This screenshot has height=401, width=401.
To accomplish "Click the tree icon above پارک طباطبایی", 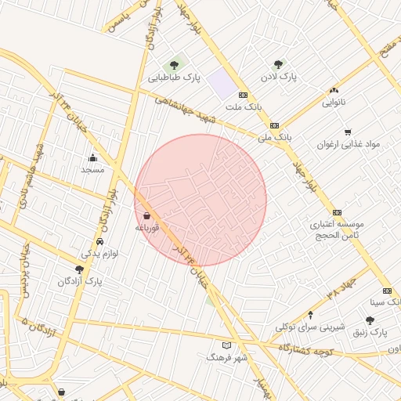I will click(x=174, y=64).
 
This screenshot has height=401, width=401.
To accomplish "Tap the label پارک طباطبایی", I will click(x=175, y=78).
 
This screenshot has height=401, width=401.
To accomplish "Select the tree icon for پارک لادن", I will click(x=278, y=64).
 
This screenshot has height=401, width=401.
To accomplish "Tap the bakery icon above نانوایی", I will click(x=334, y=91).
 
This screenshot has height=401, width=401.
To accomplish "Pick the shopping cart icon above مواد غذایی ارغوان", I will click(x=348, y=132).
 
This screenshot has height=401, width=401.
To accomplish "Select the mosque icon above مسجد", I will click(x=93, y=157).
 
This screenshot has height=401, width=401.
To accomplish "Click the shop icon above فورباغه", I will click(x=147, y=215).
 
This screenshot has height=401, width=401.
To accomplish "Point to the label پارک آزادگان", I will click(x=79, y=280).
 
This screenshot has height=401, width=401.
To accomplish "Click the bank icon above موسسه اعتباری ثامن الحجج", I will click(x=337, y=212).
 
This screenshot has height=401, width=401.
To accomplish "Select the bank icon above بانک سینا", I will click(x=386, y=291).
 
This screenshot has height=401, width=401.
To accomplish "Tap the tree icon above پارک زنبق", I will click(x=370, y=320).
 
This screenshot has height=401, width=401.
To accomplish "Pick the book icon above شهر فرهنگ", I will click(x=227, y=345).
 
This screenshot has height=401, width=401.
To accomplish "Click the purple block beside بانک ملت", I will click(x=222, y=85).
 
